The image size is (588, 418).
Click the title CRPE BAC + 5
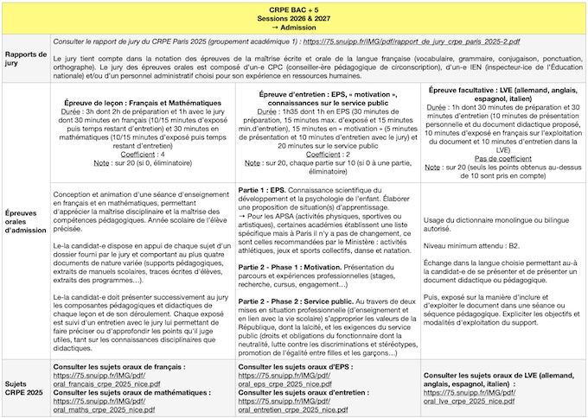[x=294, y=8]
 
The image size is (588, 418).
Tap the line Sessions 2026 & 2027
[x=294, y=16]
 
